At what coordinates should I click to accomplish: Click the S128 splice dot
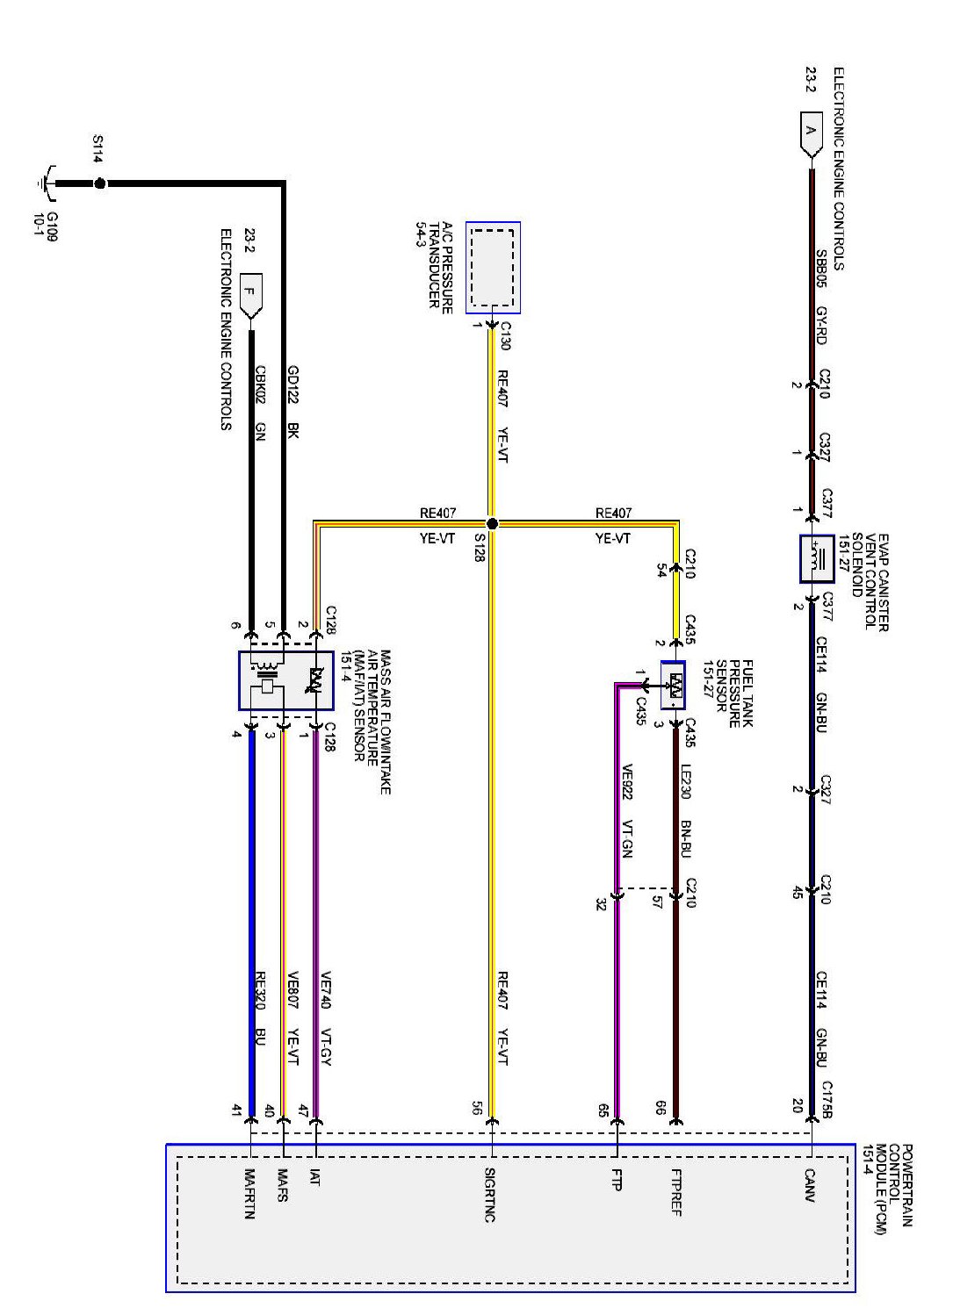(x=492, y=523)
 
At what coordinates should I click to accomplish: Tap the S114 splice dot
(x=99, y=183)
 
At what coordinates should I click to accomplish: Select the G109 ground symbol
(x=44, y=183)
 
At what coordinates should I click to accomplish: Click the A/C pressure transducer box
(x=493, y=267)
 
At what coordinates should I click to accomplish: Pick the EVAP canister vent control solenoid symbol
(x=817, y=558)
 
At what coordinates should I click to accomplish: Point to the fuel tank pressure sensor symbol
(x=674, y=685)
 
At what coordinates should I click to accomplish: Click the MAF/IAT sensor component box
(x=285, y=680)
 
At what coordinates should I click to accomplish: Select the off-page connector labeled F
(x=251, y=295)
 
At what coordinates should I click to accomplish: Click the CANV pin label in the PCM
(x=810, y=1185)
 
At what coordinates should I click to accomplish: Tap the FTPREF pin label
(x=675, y=1192)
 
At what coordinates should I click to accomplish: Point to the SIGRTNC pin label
(x=490, y=1195)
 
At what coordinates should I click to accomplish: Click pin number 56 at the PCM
(x=476, y=1108)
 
